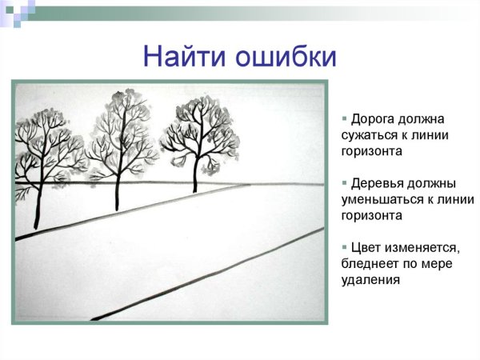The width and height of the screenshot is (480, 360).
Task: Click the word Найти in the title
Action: coord(185,56)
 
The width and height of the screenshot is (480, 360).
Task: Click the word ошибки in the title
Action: coord(285,56)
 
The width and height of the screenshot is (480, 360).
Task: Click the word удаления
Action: coord(369,280)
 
